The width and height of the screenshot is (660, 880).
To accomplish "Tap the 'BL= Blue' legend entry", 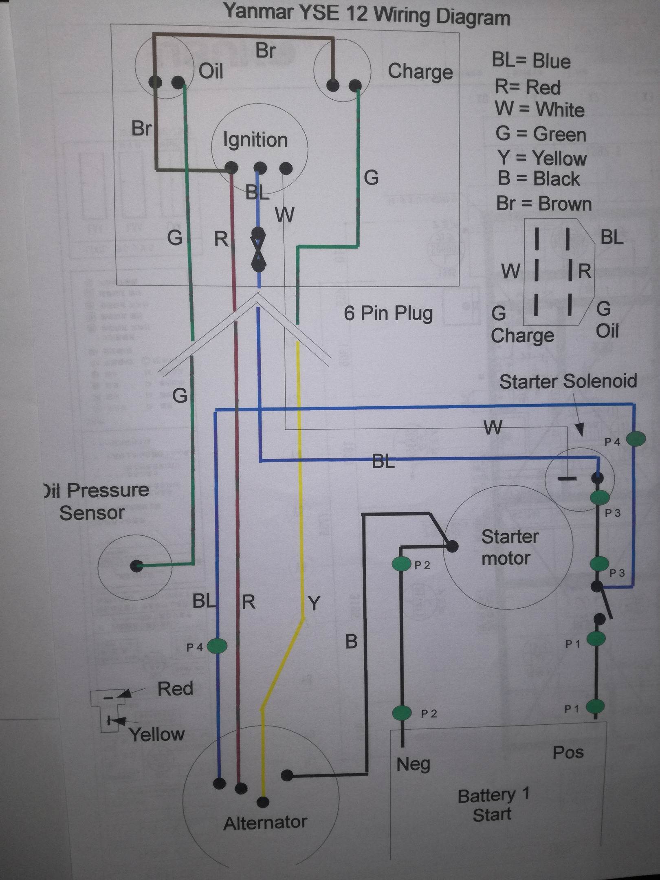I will pyautogui.click(x=531, y=61).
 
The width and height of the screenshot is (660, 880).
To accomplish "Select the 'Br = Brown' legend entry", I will pyautogui.click(x=544, y=203).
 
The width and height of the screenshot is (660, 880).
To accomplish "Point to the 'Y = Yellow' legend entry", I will pyautogui.click(x=541, y=158).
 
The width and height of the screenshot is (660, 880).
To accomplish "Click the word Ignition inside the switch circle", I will pyautogui.click(x=255, y=140).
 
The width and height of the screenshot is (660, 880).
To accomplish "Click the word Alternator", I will pyautogui.click(x=265, y=823).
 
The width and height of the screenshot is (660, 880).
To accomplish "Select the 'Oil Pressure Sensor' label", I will pyautogui.click(x=96, y=501).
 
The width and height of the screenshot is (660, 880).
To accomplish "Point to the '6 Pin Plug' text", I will pyautogui.click(x=388, y=313).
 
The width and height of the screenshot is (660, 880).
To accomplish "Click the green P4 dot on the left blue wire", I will pyautogui.click(x=217, y=646).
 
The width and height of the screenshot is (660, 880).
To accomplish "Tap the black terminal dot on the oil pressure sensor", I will pyautogui.click(x=136, y=566).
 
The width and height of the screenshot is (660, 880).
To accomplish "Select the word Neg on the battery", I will pyautogui.click(x=413, y=764).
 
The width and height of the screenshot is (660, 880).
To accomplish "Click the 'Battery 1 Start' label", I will pyautogui.click(x=493, y=804).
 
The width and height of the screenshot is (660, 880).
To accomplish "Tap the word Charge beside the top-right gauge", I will pyautogui.click(x=420, y=72).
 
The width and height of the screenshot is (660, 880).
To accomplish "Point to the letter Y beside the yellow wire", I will pyautogui.click(x=314, y=603).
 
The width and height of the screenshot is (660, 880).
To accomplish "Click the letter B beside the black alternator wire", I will pyautogui.click(x=351, y=642).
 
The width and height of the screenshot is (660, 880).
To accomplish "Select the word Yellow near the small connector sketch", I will pyautogui.click(x=157, y=735).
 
